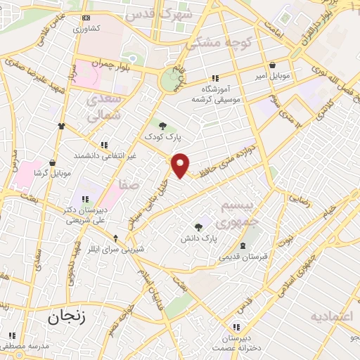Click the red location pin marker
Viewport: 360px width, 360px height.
(181, 165)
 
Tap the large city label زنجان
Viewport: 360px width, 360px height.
(67, 317)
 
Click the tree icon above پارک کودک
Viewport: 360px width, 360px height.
(163, 125)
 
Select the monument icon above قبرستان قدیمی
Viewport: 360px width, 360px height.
(243, 245)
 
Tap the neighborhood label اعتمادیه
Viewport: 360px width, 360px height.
(330, 316)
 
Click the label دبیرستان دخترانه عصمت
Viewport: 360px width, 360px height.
(237, 340)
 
